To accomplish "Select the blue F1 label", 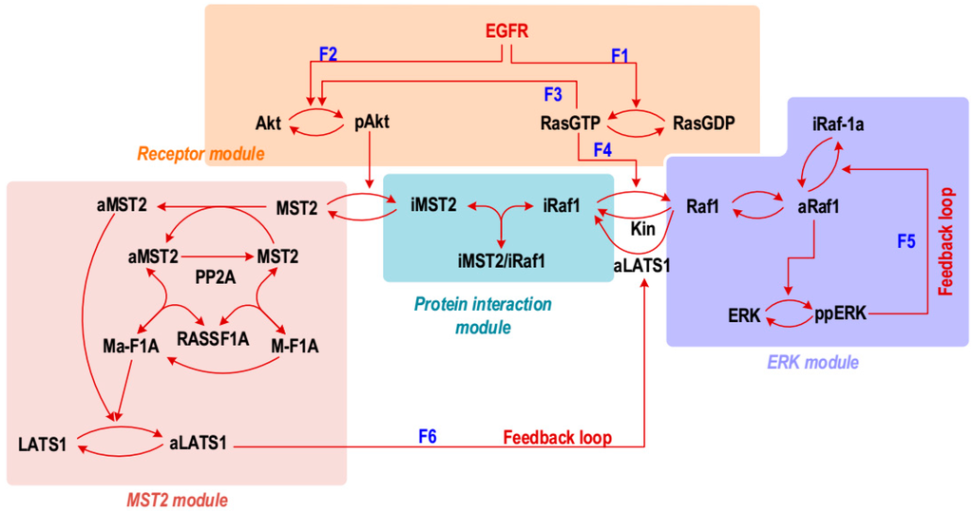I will (x=620, y=57).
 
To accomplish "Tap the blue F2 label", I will (x=329, y=55).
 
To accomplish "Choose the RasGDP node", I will (x=703, y=122).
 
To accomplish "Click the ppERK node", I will (x=840, y=313).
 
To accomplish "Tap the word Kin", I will (x=643, y=229).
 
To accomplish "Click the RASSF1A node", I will (x=214, y=337).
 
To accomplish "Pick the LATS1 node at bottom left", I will (x=43, y=444).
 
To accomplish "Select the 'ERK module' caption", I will (x=812, y=362).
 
